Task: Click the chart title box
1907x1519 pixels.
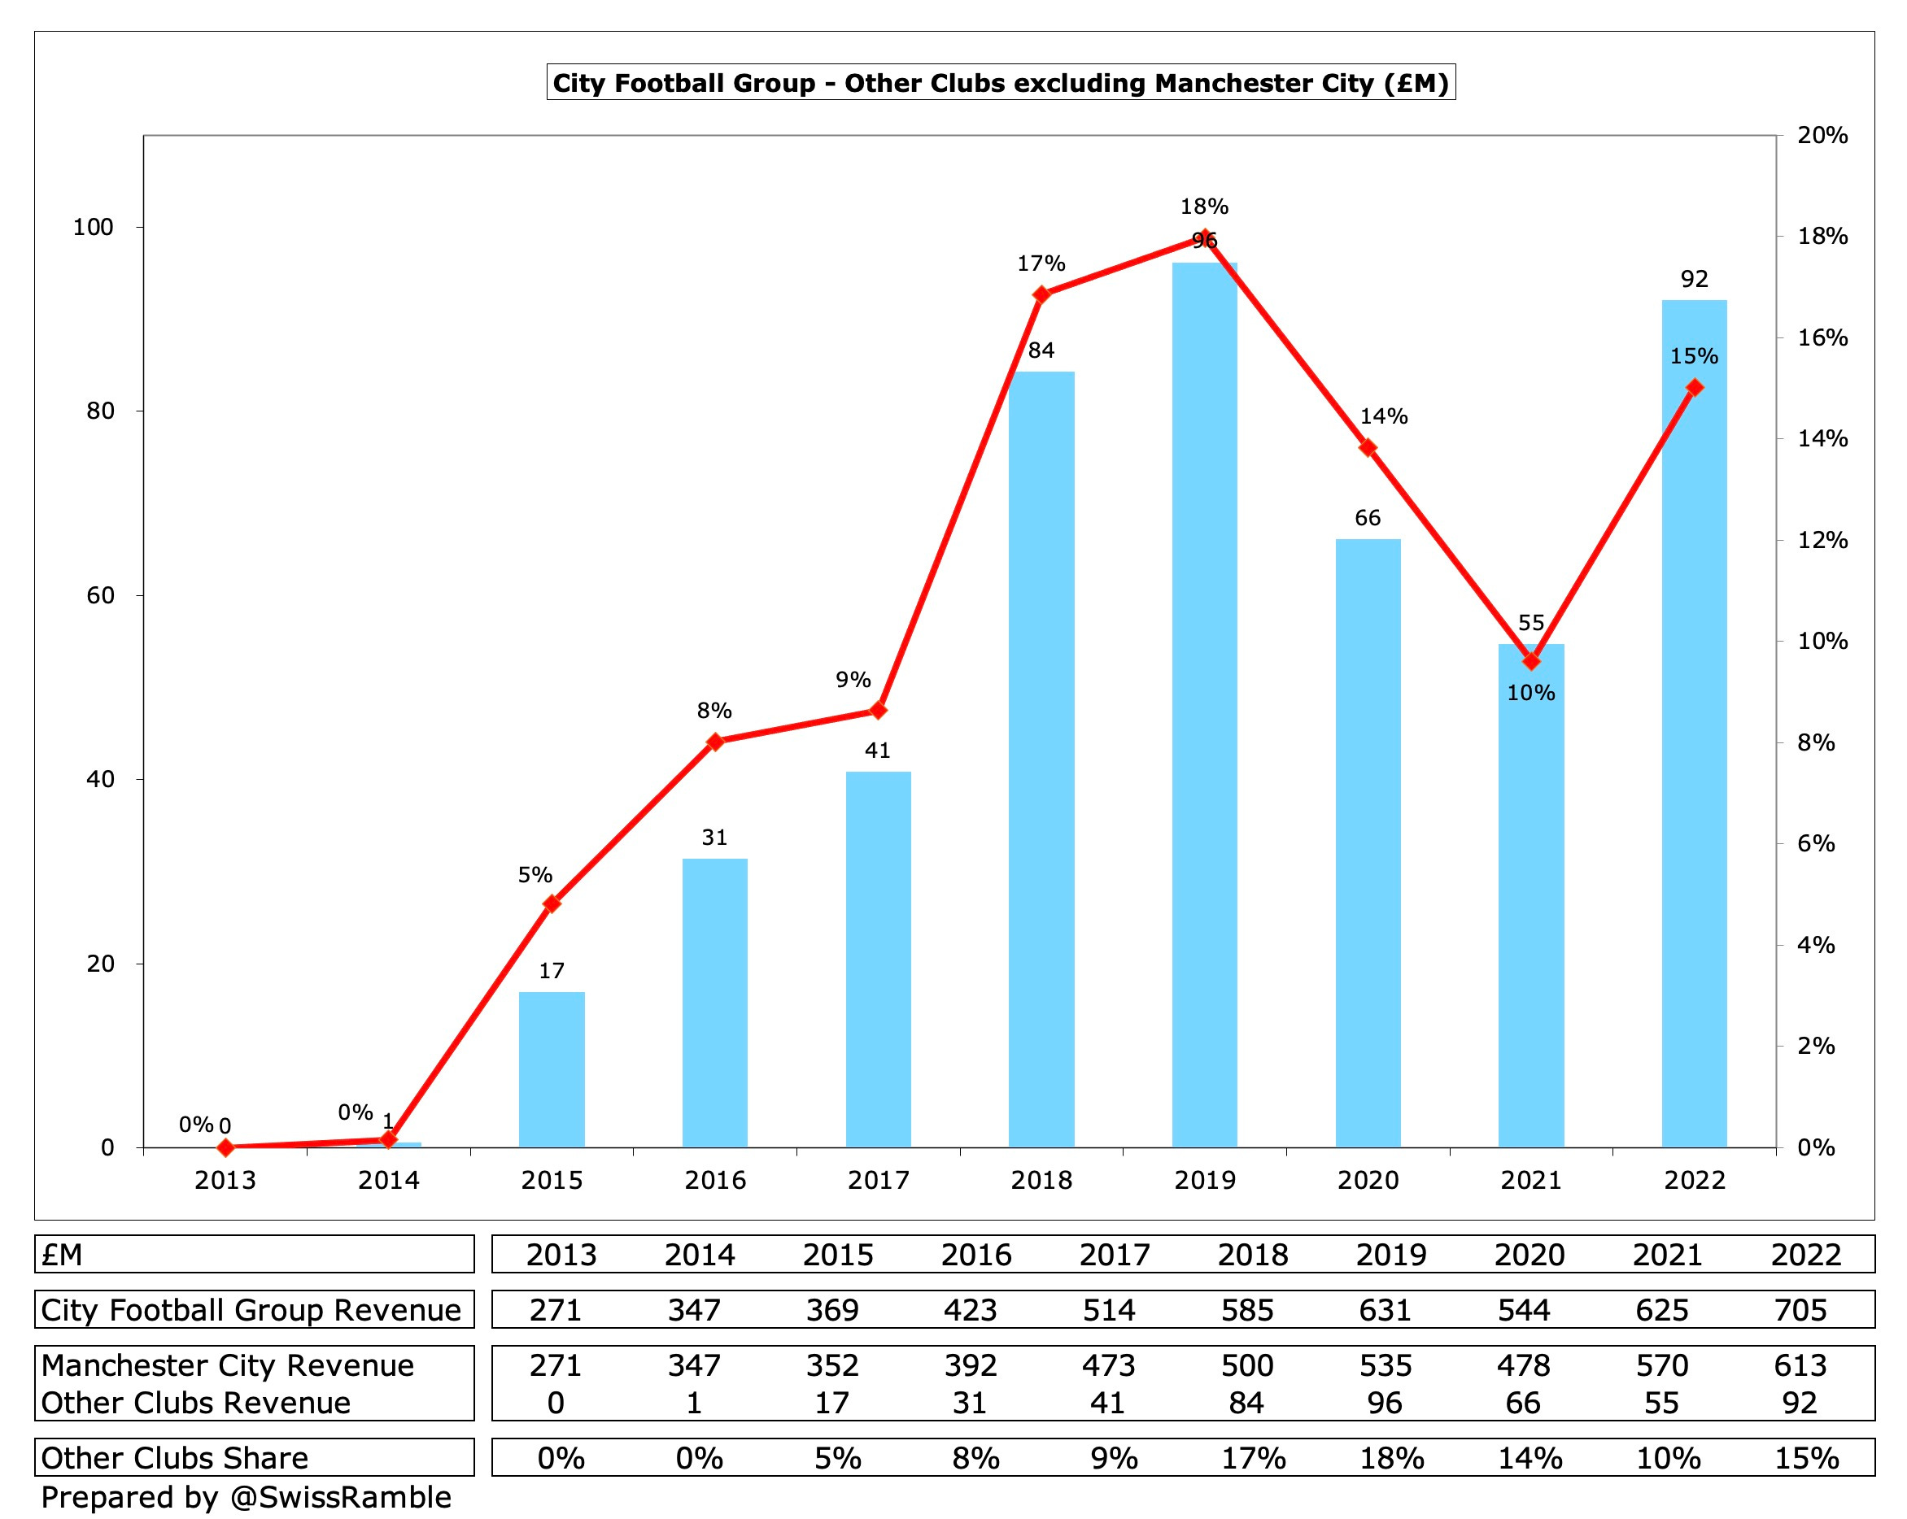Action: (1001, 83)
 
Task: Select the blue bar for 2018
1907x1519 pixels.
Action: (1041, 760)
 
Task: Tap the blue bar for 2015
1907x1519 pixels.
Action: (551, 1070)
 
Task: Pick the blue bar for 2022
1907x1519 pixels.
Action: (1694, 725)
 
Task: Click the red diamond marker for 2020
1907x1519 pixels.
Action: (1368, 447)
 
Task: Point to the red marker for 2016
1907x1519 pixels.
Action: (716, 742)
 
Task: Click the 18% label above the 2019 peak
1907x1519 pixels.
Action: (1204, 207)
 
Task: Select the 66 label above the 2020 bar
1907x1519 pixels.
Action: (1368, 518)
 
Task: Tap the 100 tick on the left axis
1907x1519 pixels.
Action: (93, 227)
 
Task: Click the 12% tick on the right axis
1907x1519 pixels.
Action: (1823, 540)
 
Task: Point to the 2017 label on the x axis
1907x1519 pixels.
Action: (879, 1181)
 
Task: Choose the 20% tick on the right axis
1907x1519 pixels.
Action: (1823, 135)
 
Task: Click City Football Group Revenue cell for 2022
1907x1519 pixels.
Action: (1800, 1309)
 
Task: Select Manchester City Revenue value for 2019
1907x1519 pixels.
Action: (1386, 1365)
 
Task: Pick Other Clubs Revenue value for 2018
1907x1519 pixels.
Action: (1246, 1402)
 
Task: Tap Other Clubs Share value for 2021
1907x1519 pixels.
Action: (1668, 1458)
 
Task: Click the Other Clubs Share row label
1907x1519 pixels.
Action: (174, 1458)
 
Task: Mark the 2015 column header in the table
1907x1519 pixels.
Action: (838, 1255)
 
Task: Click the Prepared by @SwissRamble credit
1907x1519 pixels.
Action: (246, 1497)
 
